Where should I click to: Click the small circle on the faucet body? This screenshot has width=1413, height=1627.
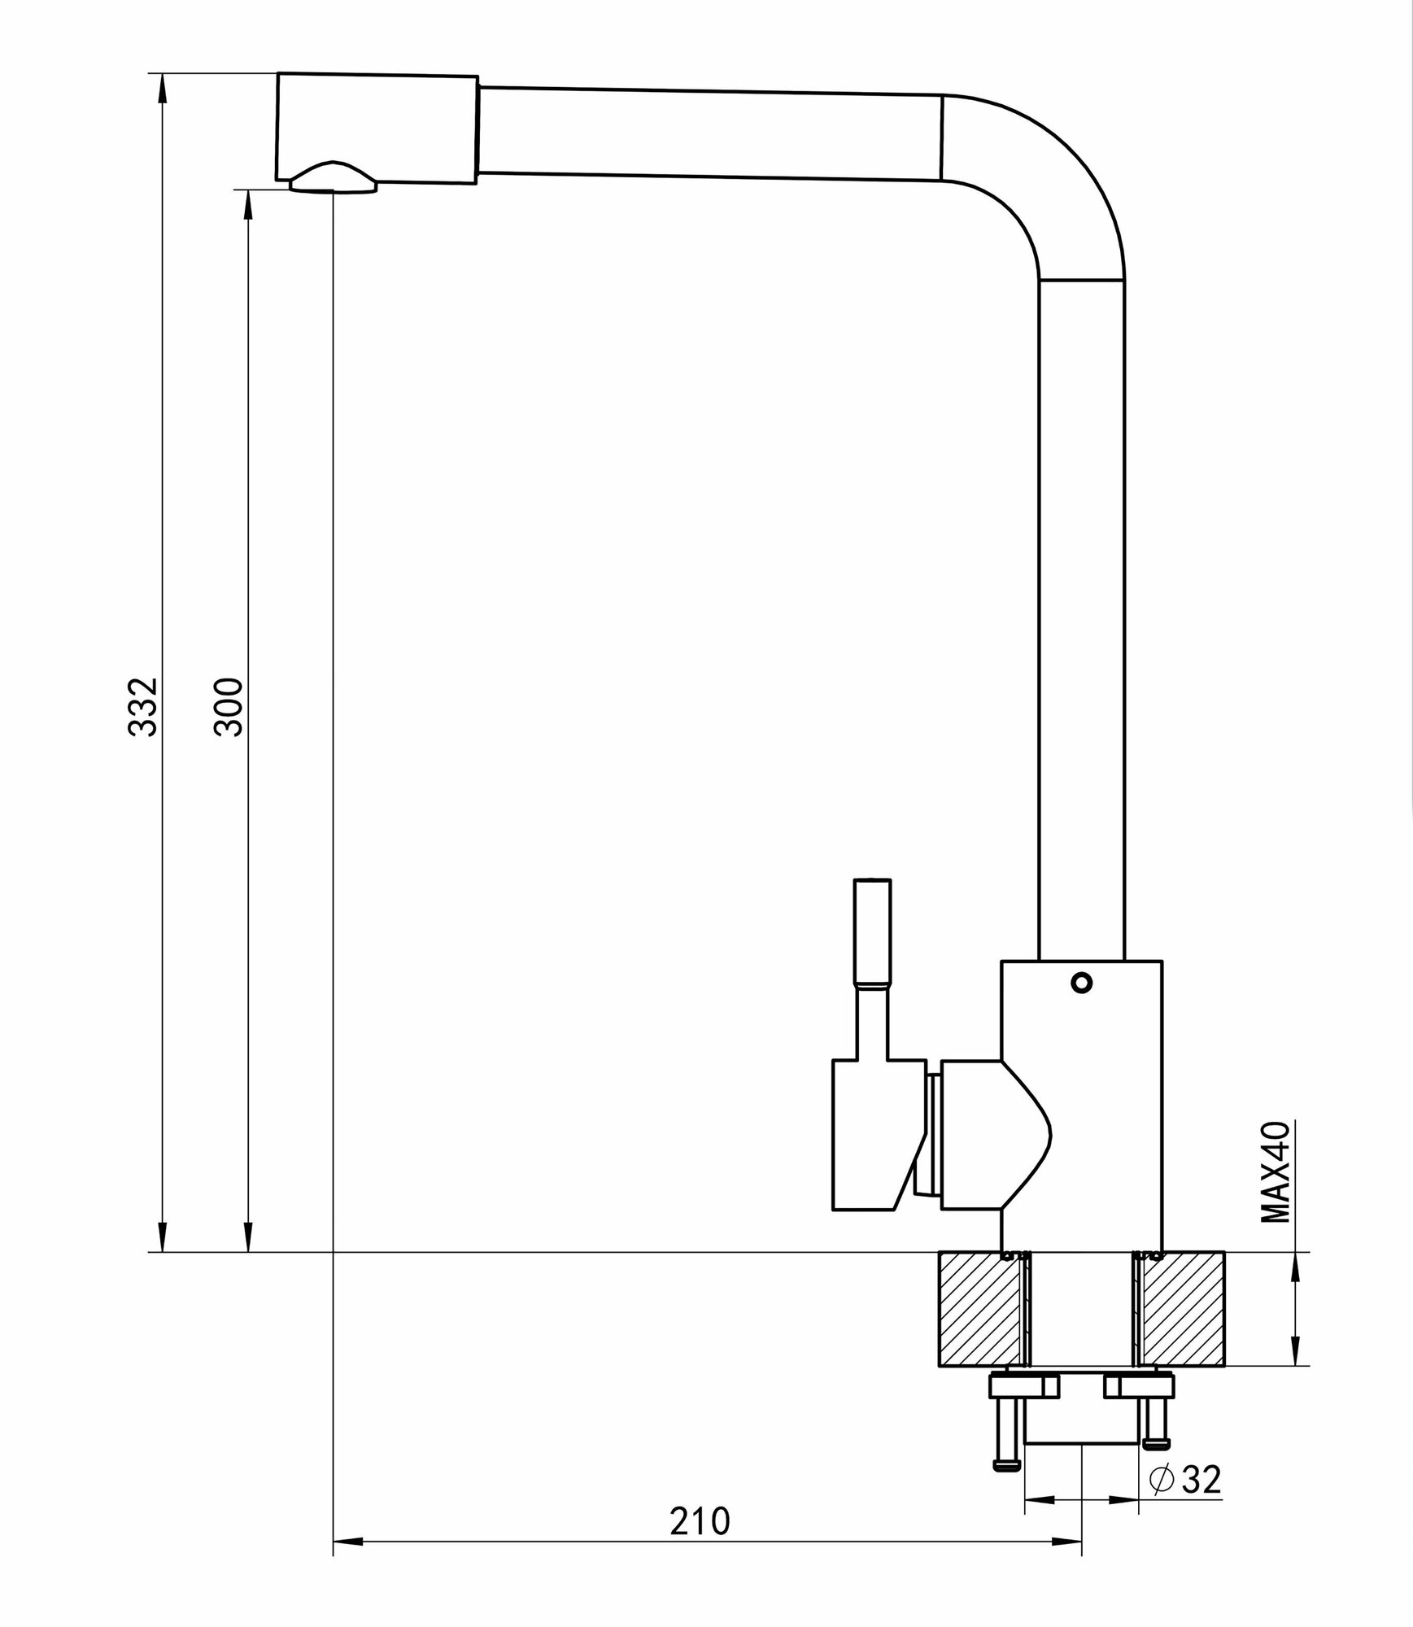tap(1081, 984)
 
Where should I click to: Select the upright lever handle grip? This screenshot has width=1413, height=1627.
tap(872, 931)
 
